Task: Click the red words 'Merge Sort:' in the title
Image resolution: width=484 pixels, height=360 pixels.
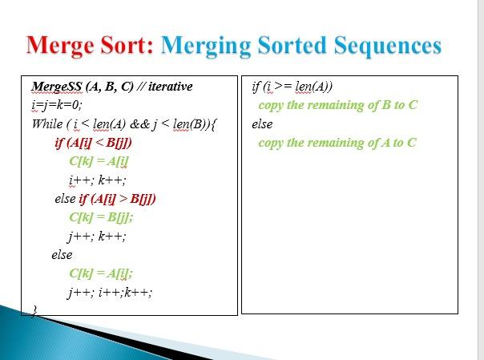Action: click(x=89, y=45)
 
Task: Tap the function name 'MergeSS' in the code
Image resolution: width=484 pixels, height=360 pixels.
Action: click(x=54, y=86)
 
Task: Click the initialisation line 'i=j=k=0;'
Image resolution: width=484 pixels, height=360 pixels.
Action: click(x=58, y=105)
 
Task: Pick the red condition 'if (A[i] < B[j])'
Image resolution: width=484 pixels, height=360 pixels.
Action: click(x=93, y=144)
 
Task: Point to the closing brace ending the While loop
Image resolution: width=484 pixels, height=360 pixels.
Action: click(x=34, y=309)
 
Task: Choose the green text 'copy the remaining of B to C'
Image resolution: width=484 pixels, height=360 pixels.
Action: click(x=338, y=105)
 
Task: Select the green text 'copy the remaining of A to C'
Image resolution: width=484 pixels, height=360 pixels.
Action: click(x=337, y=143)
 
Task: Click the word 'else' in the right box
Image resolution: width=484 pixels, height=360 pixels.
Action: click(x=262, y=124)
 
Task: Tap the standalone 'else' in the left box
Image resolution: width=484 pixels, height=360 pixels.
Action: click(x=62, y=255)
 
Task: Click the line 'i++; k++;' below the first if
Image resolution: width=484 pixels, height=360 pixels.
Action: click(x=98, y=180)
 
